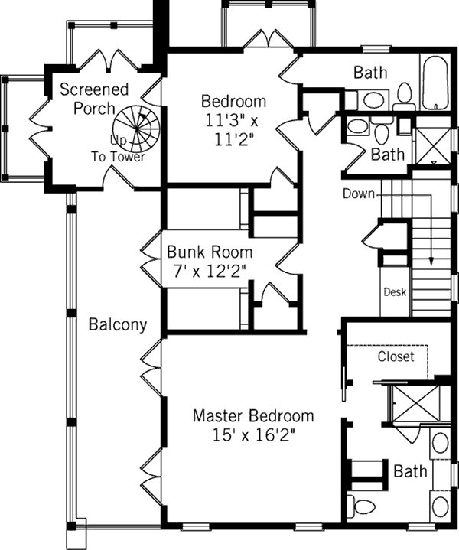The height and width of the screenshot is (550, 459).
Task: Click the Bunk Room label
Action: pyautogui.click(x=210, y=251)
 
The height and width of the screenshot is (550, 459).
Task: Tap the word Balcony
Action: pyautogui.click(x=117, y=324)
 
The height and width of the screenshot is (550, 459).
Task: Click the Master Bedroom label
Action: pyautogui.click(x=252, y=416)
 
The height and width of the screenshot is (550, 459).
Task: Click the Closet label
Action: pyautogui.click(x=396, y=356)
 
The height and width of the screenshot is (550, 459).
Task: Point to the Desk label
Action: pyautogui.click(x=395, y=292)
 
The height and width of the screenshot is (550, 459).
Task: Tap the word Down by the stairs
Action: pyautogui.click(x=358, y=194)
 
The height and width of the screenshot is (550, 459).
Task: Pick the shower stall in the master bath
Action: pyautogui.click(x=418, y=403)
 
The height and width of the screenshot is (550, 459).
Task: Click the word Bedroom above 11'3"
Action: pyautogui.click(x=233, y=101)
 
